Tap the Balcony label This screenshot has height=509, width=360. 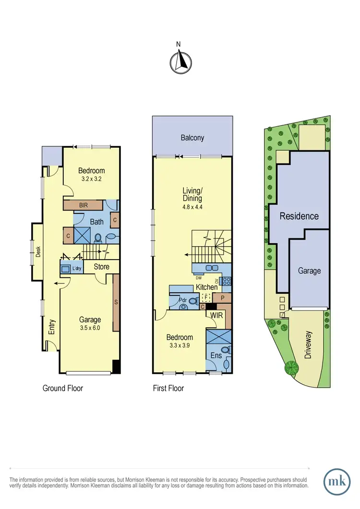pyautogui.click(x=192, y=138)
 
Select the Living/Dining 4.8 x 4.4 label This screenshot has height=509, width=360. pyautogui.click(x=192, y=198)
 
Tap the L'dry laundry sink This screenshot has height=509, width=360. pyautogui.click(x=65, y=270)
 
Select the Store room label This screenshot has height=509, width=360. pyautogui.click(x=101, y=267)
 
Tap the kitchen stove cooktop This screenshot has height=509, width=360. pyautogui.click(x=226, y=282)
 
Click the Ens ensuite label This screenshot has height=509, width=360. pyautogui.click(x=215, y=355)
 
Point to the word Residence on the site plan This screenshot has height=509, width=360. pyautogui.click(x=299, y=216)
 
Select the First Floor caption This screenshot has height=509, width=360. pyautogui.click(x=168, y=388)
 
